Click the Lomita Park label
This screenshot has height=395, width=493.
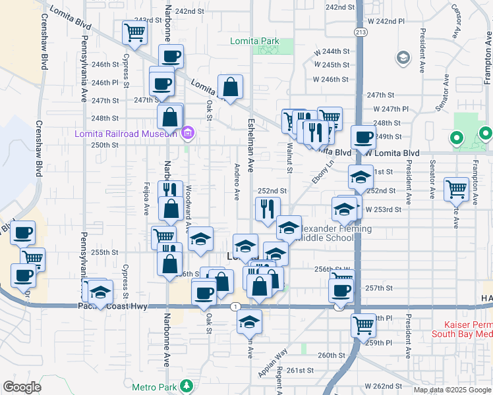click(x=254, y=41)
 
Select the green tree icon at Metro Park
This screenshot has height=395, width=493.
click(x=188, y=385)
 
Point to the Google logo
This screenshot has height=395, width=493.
click(x=22, y=386)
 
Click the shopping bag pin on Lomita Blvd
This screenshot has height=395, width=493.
click(x=231, y=86)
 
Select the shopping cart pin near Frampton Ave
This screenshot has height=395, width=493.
click(x=456, y=190)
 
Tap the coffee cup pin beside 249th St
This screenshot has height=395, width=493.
click(x=362, y=138)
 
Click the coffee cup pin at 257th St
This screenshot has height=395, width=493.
click(x=341, y=290)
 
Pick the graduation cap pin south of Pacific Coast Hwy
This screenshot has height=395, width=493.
click(x=248, y=322)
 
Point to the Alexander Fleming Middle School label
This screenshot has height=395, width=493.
click(x=326, y=233)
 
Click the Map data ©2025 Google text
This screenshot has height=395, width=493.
click(x=451, y=390)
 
